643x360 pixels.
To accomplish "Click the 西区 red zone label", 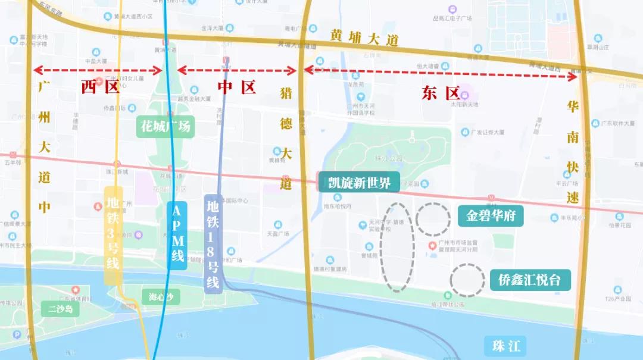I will point(101,87).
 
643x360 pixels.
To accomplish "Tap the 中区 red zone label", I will point(236,87).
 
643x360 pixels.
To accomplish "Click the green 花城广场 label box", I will point(166,126).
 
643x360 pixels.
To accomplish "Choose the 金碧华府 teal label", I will point(491,215).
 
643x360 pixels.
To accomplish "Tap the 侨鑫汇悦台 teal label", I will point(530,280).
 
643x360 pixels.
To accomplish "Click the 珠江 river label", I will point(506,345).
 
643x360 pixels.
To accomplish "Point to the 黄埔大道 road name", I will point(364,38).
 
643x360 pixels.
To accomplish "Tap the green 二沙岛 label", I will point(60,309).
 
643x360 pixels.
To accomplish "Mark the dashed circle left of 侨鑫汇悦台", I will point(467,280).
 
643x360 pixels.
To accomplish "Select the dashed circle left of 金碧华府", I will point(433,219).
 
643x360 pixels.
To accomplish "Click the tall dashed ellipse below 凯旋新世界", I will point(397,246).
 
